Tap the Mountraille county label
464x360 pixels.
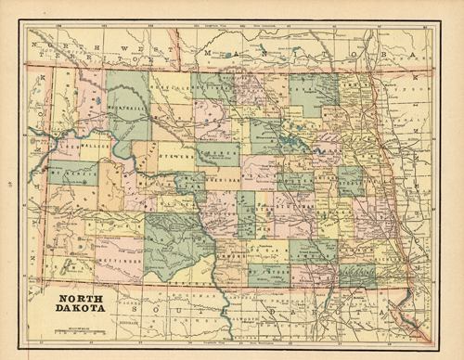coord(129,108)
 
